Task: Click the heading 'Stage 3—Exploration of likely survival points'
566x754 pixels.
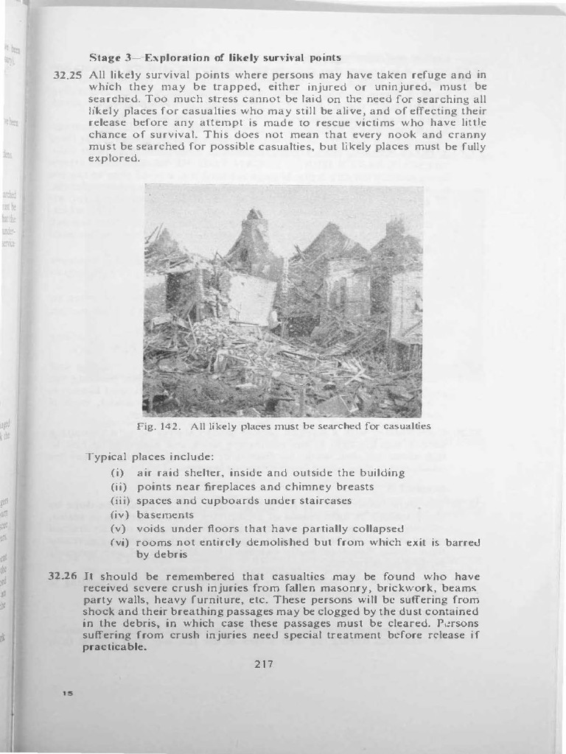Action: pyautogui.click(x=214, y=57)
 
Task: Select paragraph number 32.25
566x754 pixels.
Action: pyautogui.click(x=68, y=74)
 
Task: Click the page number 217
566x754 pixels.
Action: pyautogui.click(x=264, y=663)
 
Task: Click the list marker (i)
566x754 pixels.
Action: pyautogui.click(x=118, y=473)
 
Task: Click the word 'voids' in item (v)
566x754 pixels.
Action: pyautogui.click(x=153, y=529)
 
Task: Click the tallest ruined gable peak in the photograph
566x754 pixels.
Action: pyautogui.click(x=255, y=215)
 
